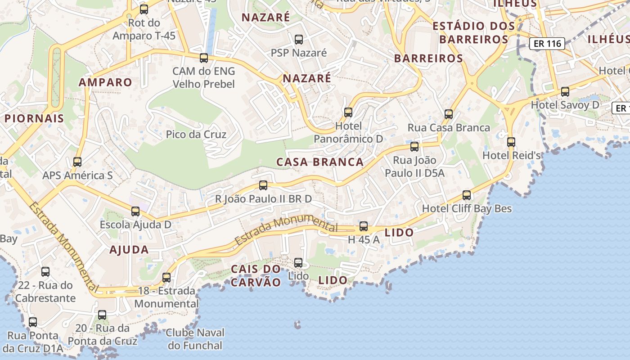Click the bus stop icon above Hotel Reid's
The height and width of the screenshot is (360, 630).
pos(511,142)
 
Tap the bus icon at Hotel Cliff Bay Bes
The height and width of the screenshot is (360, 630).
pos(467,195)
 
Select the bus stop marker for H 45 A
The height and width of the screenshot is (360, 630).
pos(364,226)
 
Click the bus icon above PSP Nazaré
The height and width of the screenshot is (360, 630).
pos(299,40)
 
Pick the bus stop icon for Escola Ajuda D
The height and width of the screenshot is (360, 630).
pos(135,211)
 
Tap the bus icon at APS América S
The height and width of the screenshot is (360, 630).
pos(77,162)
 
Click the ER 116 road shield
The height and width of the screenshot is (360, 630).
pos(547,44)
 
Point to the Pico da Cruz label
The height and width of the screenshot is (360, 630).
pos(196,134)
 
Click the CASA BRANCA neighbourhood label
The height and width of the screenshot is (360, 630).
pos(320,162)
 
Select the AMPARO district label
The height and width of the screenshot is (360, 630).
pos(105,82)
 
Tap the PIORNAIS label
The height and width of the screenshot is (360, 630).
pos(34,118)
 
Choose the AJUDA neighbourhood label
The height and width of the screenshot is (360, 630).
pos(129,250)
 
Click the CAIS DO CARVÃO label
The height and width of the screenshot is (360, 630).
pos(256,275)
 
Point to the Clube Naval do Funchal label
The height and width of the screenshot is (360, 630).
pos(195,339)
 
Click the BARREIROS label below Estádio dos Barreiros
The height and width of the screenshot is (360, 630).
pos(428,58)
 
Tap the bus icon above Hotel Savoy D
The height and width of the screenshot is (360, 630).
pos(565,92)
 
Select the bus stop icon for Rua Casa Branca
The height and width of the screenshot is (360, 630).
pos(449,114)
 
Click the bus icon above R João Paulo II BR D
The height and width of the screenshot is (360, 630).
pos(263,185)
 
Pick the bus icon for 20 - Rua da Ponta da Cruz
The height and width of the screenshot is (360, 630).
pos(102,315)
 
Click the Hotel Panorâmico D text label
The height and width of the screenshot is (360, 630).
pos(348,132)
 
